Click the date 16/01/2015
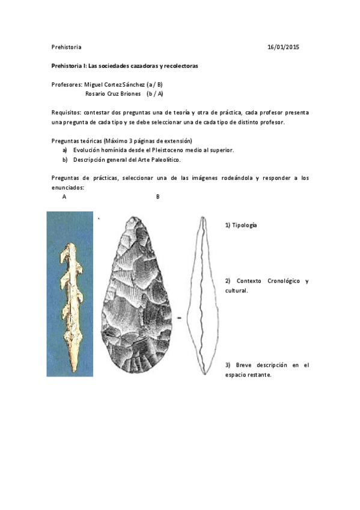[x=284, y=47]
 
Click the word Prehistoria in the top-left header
[x=66, y=47]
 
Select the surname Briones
[x=129, y=94]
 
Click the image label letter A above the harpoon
[x=64, y=197]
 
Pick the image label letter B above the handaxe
[x=157, y=197]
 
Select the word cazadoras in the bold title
[x=134, y=66]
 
